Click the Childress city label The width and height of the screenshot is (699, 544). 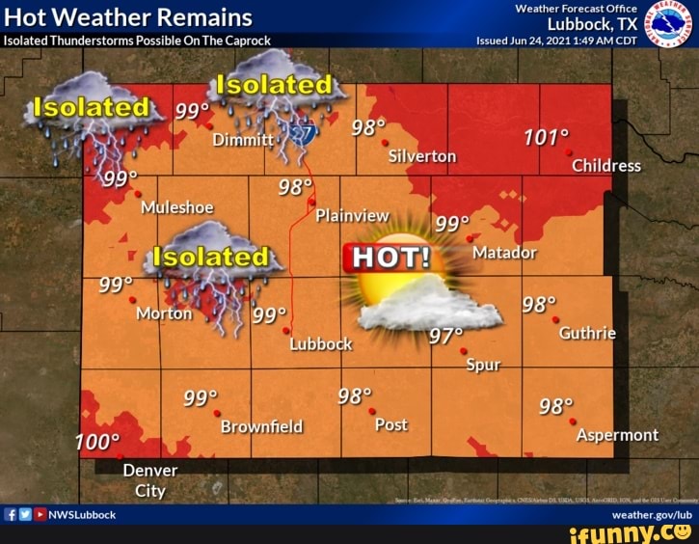pyautogui.click(x=605, y=165)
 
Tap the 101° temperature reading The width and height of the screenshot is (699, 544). pyautogui.click(x=547, y=137)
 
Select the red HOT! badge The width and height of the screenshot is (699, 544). pyautogui.click(x=390, y=258)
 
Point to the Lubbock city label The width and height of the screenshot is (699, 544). pyautogui.click(x=321, y=343)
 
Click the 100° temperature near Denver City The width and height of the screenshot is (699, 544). pyautogui.click(x=96, y=442)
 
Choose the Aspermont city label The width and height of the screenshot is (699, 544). pyautogui.click(x=617, y=435)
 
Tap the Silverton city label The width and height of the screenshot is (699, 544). pyautogui.click(x=422, y=156)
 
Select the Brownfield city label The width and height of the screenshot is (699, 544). pyautogui.click(x=261, y=425)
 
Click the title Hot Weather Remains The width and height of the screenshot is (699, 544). pyautogui.click(x=128, y=17)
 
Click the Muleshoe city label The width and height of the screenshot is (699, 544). pyautogui.click(x=176, y=207)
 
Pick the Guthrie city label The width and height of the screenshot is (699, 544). pyautogui.click(x=587, y=333)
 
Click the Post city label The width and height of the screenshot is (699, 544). pyautogui.click(x=390, y=424)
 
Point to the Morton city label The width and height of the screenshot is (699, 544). pyautogui.click(x=164, y=314)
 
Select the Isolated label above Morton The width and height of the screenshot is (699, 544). pyautogui.click(x=211, y=257)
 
